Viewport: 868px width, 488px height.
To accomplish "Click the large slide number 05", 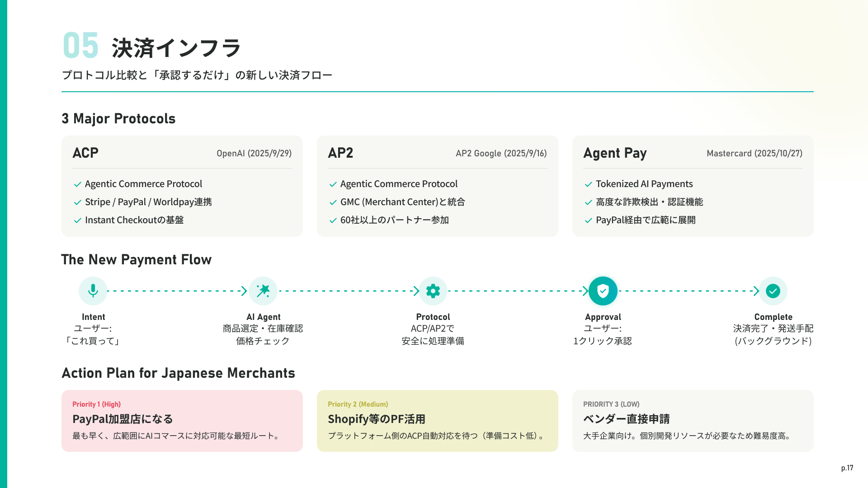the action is coord(80,46).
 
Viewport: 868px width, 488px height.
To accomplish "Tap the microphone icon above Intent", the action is coord(93,291).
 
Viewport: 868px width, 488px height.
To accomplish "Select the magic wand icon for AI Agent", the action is coord(263,291).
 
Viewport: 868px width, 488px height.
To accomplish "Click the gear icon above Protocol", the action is coord(433,291).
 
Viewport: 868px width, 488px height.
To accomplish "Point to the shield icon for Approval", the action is coord(603,291).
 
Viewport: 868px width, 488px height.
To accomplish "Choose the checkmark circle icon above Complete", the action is coord(773,291).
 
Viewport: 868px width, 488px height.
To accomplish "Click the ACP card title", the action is coord(85,153).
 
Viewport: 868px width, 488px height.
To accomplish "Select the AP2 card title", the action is coord(340,153).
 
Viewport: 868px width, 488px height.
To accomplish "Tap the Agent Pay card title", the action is coord(615,154).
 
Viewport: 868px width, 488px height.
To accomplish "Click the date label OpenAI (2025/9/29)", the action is coord(254,154).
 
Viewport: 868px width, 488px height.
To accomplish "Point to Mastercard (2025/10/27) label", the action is coord(755,154).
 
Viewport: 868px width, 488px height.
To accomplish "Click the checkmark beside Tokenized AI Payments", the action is coord(589,184).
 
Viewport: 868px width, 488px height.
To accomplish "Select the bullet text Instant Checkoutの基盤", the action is coord(134,220).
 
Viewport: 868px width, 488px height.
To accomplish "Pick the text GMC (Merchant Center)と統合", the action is coord(402,202).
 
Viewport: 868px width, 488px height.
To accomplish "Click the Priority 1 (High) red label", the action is coord(96,404).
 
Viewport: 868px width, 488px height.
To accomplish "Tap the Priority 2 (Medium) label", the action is coord(358,404).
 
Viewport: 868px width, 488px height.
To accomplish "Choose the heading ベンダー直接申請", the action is coord(626,419).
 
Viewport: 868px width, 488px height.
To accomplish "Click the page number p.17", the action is coord(847,468).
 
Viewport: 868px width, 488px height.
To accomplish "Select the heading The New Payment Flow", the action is coord(137,260).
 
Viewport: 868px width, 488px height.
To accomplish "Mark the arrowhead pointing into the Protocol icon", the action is coord(416,291).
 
